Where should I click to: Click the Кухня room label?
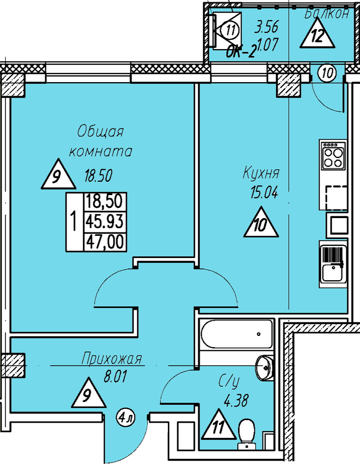[261, 173]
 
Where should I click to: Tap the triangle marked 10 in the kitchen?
[261, 222]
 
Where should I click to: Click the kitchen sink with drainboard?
[333, 264]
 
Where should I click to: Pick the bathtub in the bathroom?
[236, 334]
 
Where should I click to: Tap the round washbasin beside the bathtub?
[264, 367]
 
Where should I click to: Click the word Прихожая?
[112, 359]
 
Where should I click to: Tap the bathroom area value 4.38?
[236, 401]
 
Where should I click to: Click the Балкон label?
[327, 13]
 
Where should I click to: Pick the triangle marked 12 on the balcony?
[317, 33]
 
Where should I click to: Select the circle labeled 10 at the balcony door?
[327, 73]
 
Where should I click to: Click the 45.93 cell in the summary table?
[104, 221]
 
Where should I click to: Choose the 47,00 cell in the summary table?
[104, 242]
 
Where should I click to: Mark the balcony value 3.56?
[267, 27]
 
